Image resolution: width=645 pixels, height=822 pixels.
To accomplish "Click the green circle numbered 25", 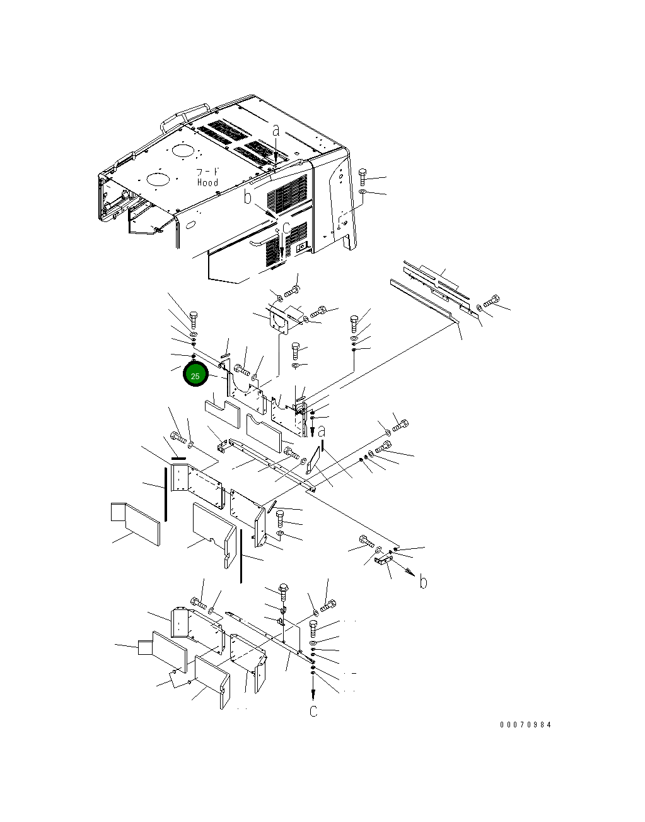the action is (195, 375).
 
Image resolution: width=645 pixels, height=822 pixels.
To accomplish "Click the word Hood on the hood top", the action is (207, 183).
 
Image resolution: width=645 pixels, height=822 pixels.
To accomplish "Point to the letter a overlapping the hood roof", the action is (276, 131).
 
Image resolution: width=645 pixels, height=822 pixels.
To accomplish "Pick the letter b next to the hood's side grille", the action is (248, 197).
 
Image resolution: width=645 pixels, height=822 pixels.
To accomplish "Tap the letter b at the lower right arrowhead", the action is (424, 582).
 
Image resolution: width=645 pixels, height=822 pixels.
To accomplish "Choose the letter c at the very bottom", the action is (313, 711).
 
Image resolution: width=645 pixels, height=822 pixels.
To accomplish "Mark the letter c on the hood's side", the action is (286, 228).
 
